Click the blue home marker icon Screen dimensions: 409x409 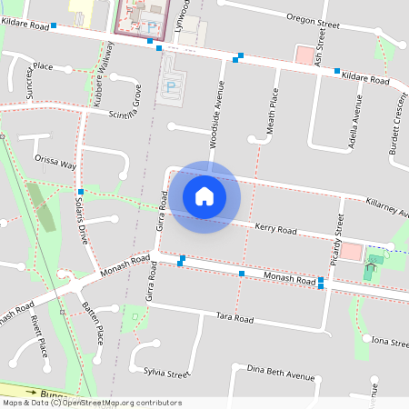pos(204,195)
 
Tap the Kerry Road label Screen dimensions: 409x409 pos(275,229)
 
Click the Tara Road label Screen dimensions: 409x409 pos(234,319)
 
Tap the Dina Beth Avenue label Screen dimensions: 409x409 pos(281,376)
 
